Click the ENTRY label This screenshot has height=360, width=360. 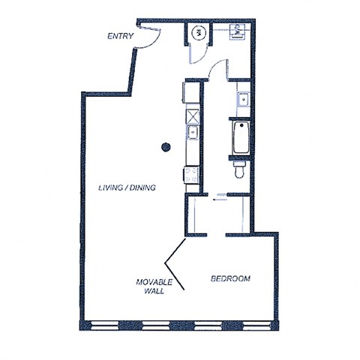(121, 36)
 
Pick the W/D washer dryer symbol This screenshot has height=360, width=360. (238, 31)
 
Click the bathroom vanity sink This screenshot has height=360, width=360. (242, 98)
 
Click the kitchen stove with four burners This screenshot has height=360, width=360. (191, 175)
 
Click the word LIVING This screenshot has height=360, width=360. (113, 187)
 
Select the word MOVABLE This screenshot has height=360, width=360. (154, 282)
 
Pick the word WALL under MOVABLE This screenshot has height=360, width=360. (154, 291)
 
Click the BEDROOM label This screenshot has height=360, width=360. (230, 279)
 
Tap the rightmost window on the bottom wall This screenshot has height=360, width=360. (257, 325)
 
